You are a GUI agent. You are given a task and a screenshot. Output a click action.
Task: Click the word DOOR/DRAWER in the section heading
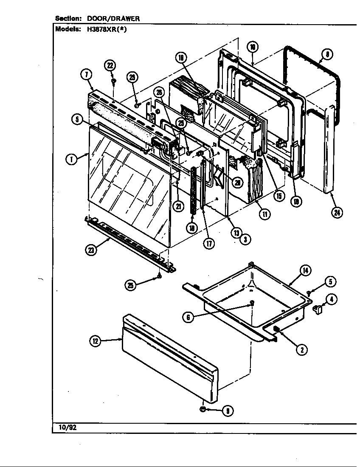113,19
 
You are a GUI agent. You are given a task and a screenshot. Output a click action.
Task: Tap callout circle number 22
110,65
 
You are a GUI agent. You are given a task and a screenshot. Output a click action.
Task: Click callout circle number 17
208,243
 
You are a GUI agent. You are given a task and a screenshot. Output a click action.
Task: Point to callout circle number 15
279,196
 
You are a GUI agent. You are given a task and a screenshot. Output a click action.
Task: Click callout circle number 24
337,213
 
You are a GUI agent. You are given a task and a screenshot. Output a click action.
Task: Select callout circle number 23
91,250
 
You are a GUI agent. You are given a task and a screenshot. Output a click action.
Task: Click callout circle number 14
305,270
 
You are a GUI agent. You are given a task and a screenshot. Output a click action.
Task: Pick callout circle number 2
302,349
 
